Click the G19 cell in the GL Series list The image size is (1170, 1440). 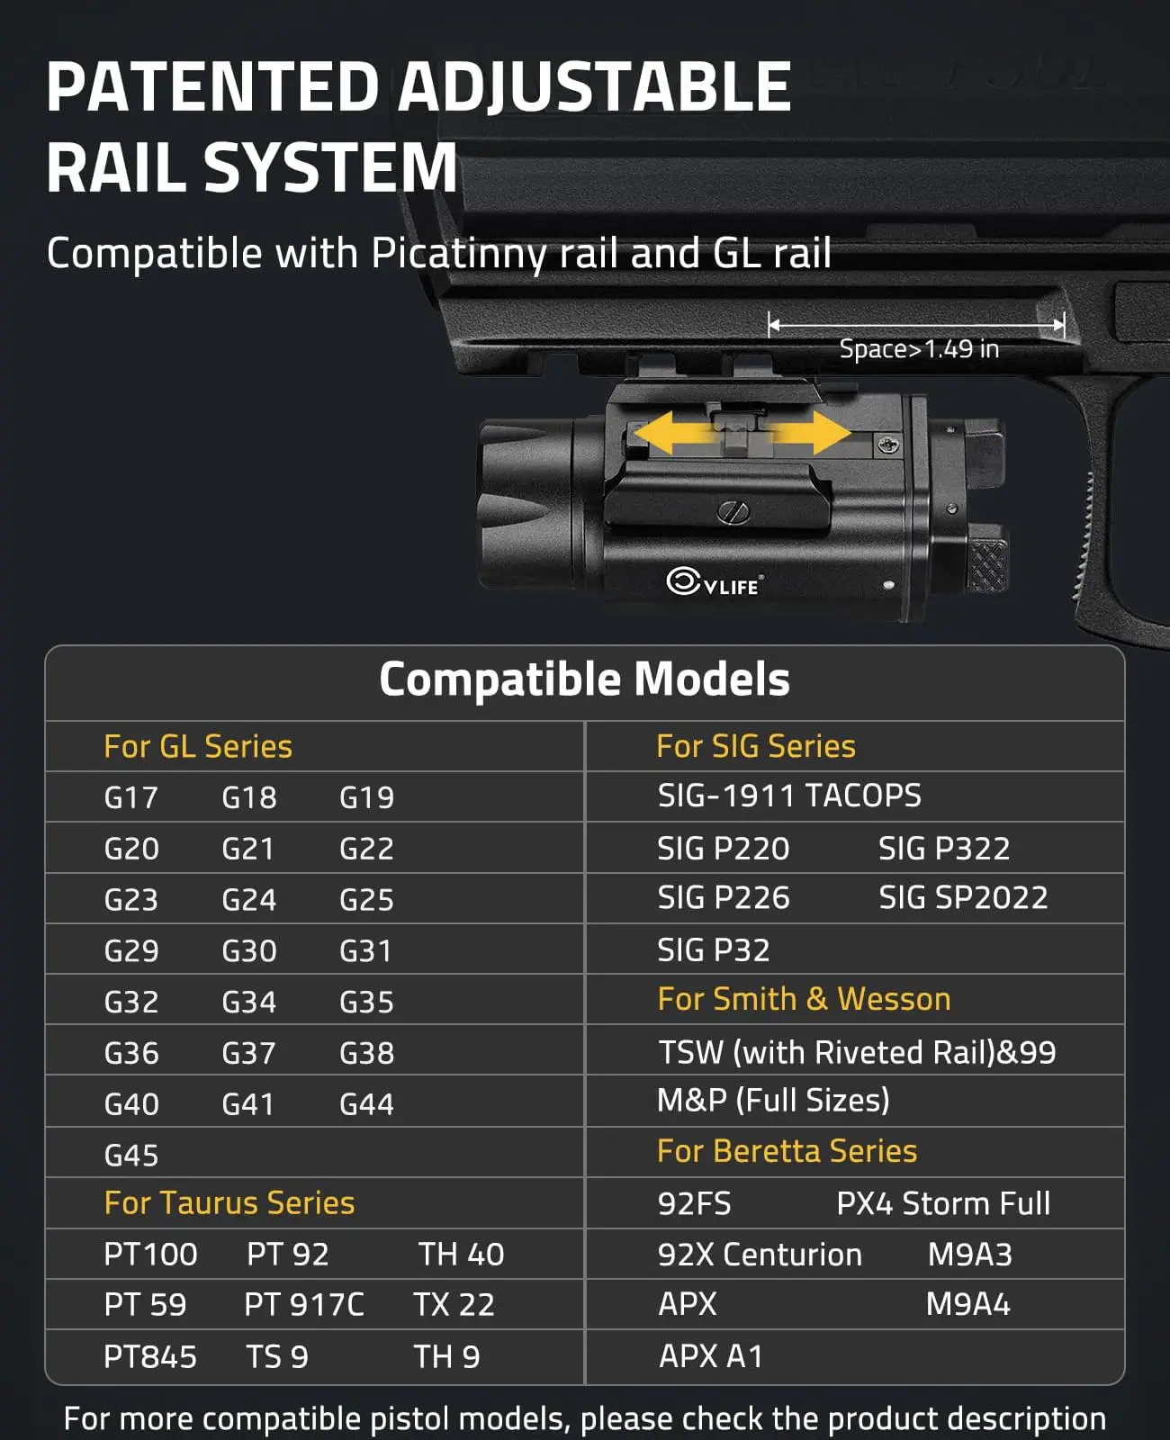tap(366, 797)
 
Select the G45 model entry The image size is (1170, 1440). tap(131, 1156)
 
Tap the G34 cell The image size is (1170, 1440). tap(248, 1002)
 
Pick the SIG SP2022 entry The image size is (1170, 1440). tap(963, 897)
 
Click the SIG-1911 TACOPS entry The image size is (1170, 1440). tap(789, 796)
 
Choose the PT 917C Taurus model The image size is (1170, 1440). tap(304, 1305)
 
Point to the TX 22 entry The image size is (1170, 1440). tap(454, 1305)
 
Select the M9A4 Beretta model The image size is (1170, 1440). tap(968, 1304)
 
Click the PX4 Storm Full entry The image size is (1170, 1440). tap(943, 1203)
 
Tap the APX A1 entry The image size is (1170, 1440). tap(711, 1356)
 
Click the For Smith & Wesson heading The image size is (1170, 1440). tap(804, 999)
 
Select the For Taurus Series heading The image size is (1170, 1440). tap(229, 1203)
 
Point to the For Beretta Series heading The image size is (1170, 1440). tap(787, 1151)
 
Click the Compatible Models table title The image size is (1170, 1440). tap(584, 679)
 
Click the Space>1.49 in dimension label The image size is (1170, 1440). tap(919, 349)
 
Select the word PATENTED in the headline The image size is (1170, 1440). tap(212, 87)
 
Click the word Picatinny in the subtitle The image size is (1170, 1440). tap(459, 254)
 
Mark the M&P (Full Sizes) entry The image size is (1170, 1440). tap(773, 1100)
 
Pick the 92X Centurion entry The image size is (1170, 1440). tap(760, 1255)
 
